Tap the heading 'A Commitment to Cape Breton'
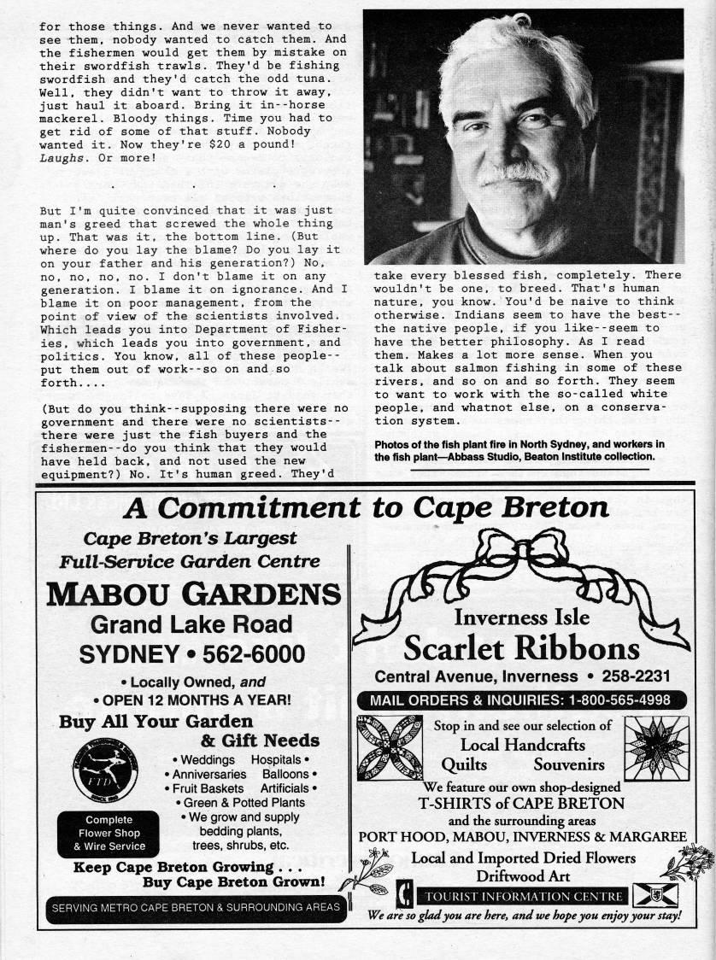(x=366, y=508)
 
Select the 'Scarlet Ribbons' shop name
(x=521, y=648)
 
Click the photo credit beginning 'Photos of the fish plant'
(x=519, y=450)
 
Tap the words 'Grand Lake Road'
(x=192, y=624)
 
